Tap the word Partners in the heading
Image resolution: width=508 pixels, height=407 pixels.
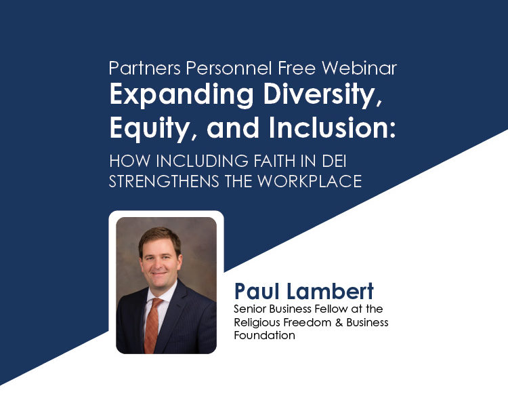click(144, 68)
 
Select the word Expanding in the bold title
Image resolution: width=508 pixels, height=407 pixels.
click(182, 96)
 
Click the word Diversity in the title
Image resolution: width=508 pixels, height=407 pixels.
click(322, 96)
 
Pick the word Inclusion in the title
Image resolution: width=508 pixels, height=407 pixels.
click(332, 128)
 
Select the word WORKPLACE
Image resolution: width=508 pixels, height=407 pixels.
click(310, 181)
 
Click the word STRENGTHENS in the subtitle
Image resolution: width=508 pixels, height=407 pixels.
click(164, 181)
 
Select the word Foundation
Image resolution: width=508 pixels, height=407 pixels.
click(265, 335)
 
